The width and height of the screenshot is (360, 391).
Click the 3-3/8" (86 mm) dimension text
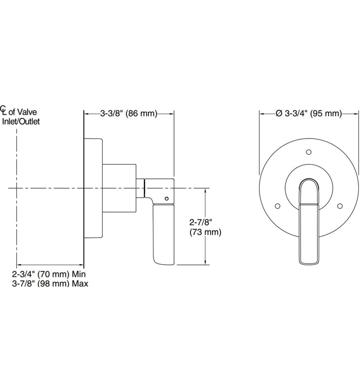[129, 113]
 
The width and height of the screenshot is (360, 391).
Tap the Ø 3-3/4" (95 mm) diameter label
[308, 113]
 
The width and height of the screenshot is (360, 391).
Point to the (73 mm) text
[201, 232]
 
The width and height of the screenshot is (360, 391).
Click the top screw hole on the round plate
[308, 151]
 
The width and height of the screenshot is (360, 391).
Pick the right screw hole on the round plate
[340, 206]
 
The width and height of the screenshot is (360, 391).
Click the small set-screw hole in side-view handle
[166, 198]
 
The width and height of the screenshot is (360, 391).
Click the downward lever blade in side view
[164, 235]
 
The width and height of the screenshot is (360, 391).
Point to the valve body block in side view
[119, 188]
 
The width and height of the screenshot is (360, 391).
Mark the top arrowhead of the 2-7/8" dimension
[208, 192]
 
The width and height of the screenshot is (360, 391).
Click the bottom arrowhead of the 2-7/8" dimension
[208, 262]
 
